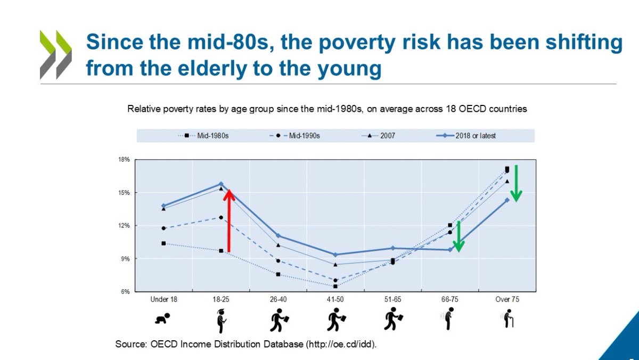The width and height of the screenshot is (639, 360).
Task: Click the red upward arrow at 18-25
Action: click(x=228, y=221)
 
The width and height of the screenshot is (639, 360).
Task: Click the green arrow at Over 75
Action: click(x=517, y=184)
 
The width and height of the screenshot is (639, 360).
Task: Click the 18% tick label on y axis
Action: click(x=124, y=159)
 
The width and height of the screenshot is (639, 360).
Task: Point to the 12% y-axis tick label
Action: click(x=124, y=226)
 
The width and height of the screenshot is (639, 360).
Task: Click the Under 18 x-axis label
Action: click(x=163, y=300)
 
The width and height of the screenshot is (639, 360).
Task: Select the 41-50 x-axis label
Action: click(x=335, y=300)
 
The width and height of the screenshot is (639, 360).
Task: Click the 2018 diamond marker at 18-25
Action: click(x=221, y=184)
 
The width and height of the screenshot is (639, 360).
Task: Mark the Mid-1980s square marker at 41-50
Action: click(x=335, y=286)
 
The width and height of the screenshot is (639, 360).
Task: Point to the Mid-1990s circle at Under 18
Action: click(x=163, y=228)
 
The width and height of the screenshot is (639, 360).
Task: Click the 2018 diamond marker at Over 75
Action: click(x=507, y=200)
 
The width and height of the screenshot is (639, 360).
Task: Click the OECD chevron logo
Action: click(x=56, y=55)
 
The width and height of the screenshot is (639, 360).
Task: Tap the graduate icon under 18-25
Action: click(x=221, y=319)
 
